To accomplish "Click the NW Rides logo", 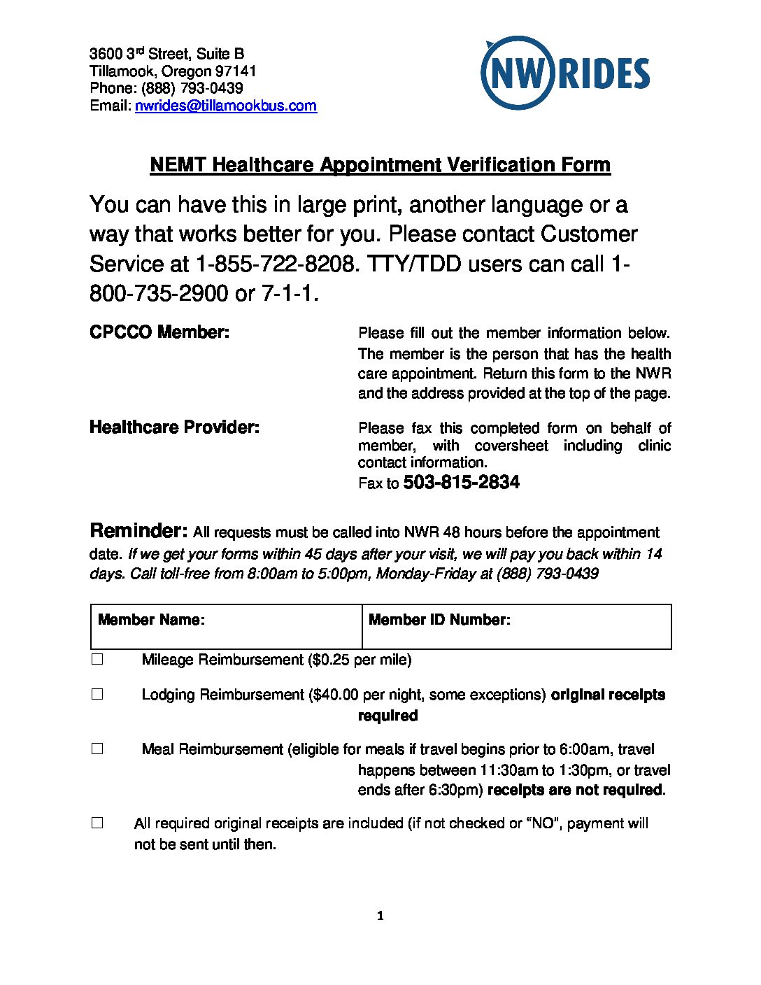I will [564, 73].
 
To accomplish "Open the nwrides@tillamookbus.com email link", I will [225, 106].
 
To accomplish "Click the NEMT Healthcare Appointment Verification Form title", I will [380, 165].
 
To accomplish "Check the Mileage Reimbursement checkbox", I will [97, 659].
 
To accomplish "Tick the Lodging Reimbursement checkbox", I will [97, 694].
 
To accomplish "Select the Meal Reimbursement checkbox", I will [97, 749].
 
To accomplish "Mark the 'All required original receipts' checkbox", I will [97, 823].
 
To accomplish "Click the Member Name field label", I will [151, 620].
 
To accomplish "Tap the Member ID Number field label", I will [439, 620].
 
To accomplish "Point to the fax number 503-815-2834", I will [461, 483].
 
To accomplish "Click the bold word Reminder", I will [138, 530].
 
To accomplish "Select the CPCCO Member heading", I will [159, 332].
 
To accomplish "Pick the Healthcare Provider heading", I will [174, 427].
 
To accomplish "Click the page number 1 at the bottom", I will [380, 916].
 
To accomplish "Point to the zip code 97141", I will [236, 71].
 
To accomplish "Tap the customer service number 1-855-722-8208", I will [277, 264].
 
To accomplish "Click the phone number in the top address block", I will [192, 88].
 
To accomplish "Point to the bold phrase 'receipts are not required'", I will [574, 790].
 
